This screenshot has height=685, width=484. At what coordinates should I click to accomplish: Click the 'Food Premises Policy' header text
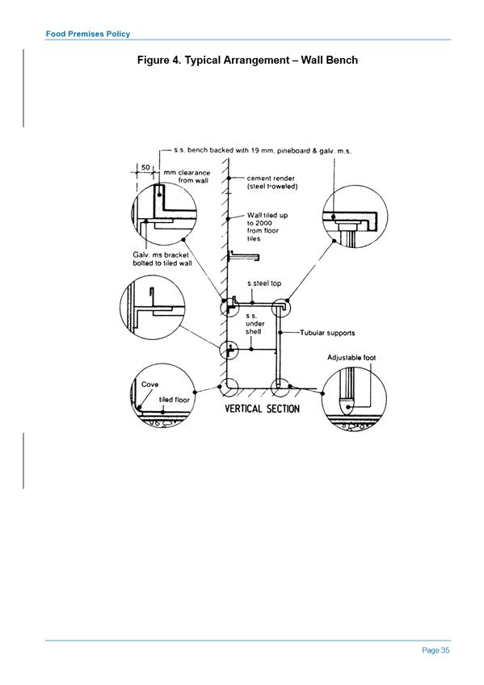pyautogui.click(x=88, y=34)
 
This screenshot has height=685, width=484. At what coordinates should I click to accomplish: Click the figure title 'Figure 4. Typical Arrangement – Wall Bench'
pyautogui.click(x=247, y=60)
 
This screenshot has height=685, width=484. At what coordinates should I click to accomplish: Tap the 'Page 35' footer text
pyautogui.click(x=436, y=650)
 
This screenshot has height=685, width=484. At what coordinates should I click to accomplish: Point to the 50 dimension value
pyautogui.click(x=145, y=167)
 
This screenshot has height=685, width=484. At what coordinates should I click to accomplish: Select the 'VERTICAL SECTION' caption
pyautogui.click(x=262, y=409)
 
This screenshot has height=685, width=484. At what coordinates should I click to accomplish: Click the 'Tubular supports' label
pyautogui.click(x=327, y=333)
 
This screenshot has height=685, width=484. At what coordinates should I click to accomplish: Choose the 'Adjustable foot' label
pyautogui.click(x=351, y=357)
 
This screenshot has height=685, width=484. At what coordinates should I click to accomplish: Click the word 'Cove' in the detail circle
pyautogui.click(x=149, y=385)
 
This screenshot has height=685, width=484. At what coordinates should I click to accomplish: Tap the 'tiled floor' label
pyautogui.click(x=174, y=400)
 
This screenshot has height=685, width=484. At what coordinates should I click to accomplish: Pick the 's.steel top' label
pyautogui.click(x=264, y=284)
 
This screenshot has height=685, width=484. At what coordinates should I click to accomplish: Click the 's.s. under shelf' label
pyautogui.click(x=255, y=324)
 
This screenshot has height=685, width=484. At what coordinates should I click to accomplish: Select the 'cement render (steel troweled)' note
pyautogui.click(x=272, y=183)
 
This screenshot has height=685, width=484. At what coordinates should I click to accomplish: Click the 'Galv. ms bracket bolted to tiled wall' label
pyautogui.click(x=162, y=258)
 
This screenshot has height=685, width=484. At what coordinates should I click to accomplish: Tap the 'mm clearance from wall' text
pyautogui.click(x=187, y=176)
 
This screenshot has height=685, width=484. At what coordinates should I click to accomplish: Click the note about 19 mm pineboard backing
pyautogui.click(x=263, y=151)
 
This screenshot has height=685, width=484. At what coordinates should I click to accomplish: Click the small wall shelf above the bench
pyautogui.click(x=244, y=256)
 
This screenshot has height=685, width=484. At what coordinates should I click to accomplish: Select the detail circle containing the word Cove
pyautogui.click(x=162, y=396)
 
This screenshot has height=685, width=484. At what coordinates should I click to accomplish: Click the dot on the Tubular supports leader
pyautogui.click(x=280, y=333)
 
